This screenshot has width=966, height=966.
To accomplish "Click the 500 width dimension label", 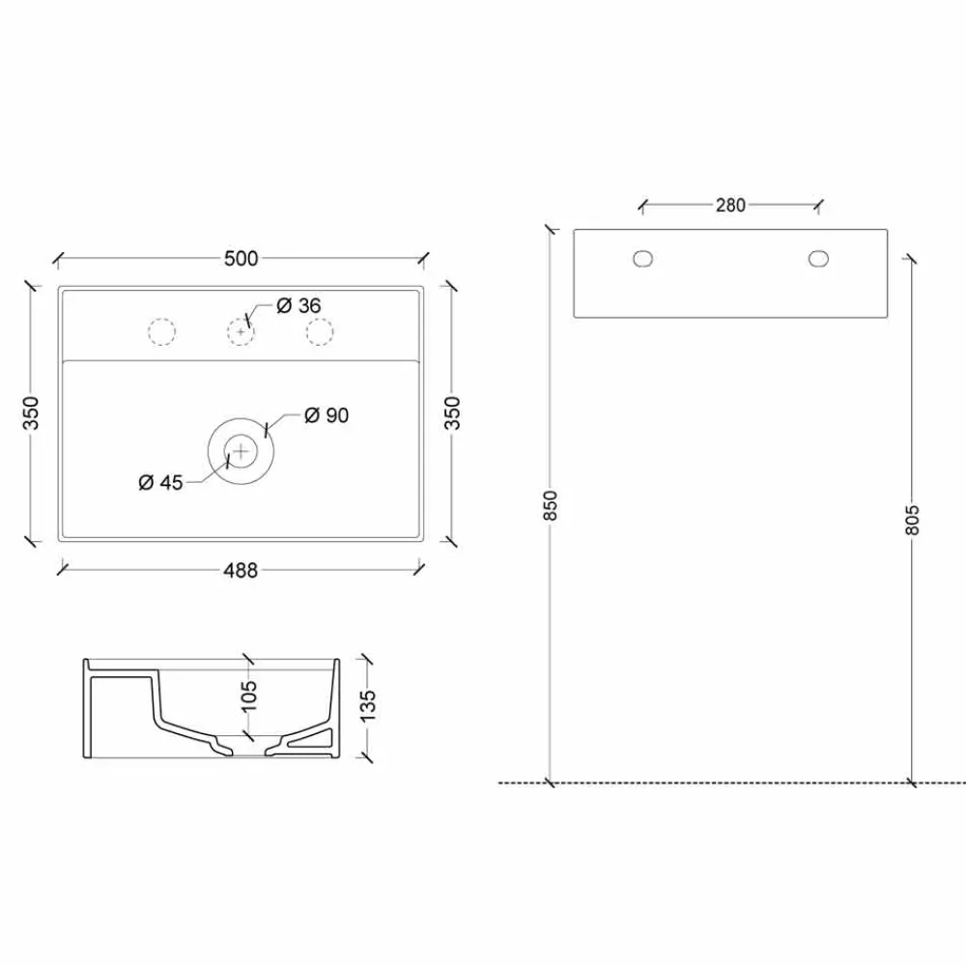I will (x=241, y=258).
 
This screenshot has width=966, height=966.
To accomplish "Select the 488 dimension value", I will (x=241, y=570).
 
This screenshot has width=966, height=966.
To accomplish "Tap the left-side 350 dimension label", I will (x=31, y=413).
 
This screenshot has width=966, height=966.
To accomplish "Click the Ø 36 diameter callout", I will (x=298, y=305).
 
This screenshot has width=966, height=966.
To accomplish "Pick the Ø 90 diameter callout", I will (x=326, y=415).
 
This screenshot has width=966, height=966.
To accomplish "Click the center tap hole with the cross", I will (x=241, y=331).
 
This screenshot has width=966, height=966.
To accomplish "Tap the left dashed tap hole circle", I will (x=162, y=331).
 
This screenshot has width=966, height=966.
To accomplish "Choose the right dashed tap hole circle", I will (x=319, y=331).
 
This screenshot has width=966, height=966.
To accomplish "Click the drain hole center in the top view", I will (x=241, y=450).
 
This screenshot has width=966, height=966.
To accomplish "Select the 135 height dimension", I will (x=367, y=705).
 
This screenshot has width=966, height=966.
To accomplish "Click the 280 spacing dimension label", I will (x=730, y=205).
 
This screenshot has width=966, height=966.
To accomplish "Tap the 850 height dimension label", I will (x=551, y=505).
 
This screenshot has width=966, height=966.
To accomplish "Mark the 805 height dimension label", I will (x=914, y=519).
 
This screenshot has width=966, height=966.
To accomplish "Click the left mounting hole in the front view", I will (x=642, y=258).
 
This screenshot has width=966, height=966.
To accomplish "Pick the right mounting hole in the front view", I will (x=818, y=258).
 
